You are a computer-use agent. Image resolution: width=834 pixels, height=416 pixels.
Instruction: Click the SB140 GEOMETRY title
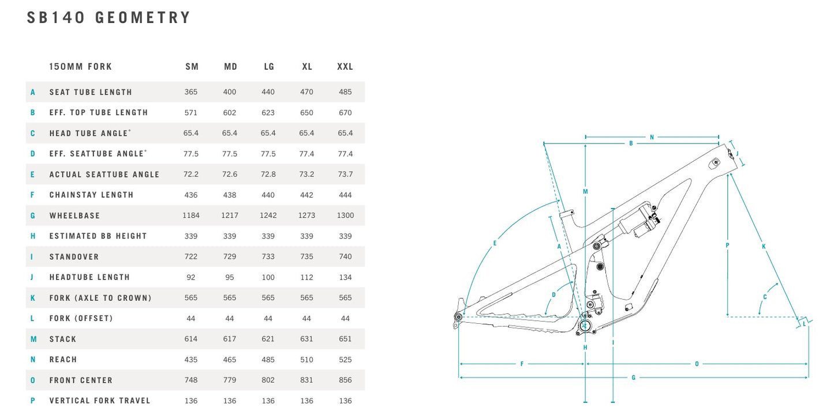109,17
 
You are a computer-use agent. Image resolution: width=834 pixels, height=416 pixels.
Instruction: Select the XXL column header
345,66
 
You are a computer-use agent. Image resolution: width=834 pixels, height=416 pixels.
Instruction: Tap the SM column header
192,66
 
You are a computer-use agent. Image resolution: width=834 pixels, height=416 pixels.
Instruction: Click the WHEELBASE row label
75,215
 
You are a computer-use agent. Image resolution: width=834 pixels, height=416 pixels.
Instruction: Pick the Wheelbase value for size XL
307,215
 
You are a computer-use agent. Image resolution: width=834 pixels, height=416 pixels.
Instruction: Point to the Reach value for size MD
230,360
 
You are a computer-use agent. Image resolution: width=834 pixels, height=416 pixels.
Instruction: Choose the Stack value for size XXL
345,339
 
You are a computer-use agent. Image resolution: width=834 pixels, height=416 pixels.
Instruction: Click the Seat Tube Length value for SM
191,92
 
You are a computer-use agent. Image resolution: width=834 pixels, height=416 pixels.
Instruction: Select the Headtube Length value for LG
268,277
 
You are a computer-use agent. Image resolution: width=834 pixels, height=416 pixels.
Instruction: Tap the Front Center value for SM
191,380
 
